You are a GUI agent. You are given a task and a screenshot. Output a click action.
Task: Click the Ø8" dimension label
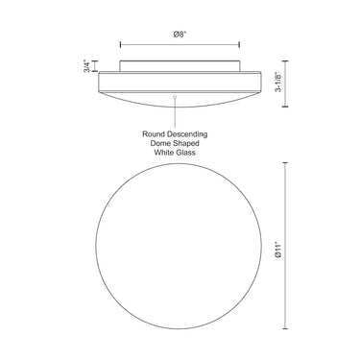pyautogui.click(x=179, y=35)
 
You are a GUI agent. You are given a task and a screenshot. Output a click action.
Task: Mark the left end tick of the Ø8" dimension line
pyautogui.click(x=120, y=45)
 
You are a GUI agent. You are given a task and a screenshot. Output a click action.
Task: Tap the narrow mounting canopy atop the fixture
pyautogui.click(x=179, y=64)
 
